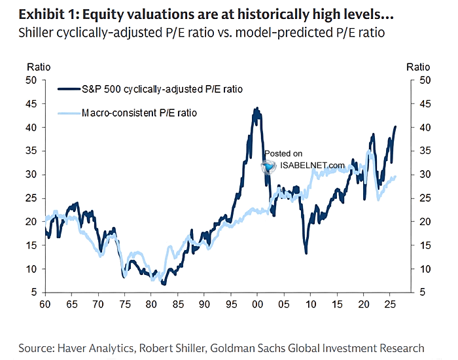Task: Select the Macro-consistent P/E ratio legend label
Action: pos(139,113)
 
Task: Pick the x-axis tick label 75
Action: pos(124,305)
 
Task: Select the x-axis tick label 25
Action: pos(389,305)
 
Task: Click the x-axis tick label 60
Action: pos(44,305)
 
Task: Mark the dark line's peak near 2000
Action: pos(256,109)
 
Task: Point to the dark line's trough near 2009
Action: pos(306,253)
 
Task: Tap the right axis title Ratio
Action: pos(418,67)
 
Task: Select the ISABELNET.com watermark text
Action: pos(312,165)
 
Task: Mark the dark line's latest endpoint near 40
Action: pos(395,127)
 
